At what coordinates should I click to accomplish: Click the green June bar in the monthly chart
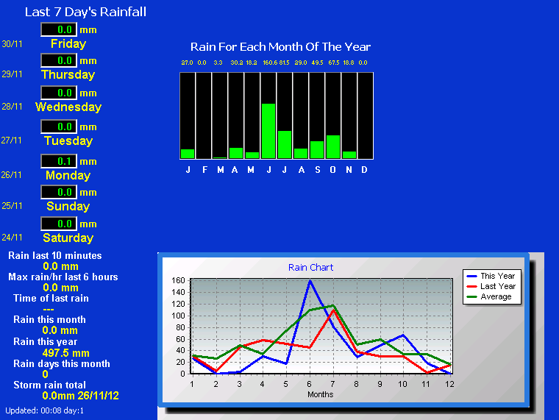point(268,131)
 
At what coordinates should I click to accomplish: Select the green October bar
point(333,146)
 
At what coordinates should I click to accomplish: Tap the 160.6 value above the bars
point(270,63)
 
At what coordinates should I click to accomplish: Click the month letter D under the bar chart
point(364,170)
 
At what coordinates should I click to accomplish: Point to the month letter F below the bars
point(204,170)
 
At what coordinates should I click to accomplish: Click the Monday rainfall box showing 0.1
point(59,161)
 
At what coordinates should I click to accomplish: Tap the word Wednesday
point(68,107)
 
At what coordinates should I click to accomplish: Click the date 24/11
point(12,238)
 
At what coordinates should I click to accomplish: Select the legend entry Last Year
point(491,286)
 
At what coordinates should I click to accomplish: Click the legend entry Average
point(489,296)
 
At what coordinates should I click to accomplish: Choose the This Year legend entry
point(491,276)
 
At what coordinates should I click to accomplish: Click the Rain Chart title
point(311,268)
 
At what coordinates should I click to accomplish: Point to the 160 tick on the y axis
point(178,280)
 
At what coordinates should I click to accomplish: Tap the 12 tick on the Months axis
point(450,384)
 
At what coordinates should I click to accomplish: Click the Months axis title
point(321,394)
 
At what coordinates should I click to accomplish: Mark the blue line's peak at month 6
point(310,280)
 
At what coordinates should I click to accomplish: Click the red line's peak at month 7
point(333,310)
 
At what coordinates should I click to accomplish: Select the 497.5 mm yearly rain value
point(66,353)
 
